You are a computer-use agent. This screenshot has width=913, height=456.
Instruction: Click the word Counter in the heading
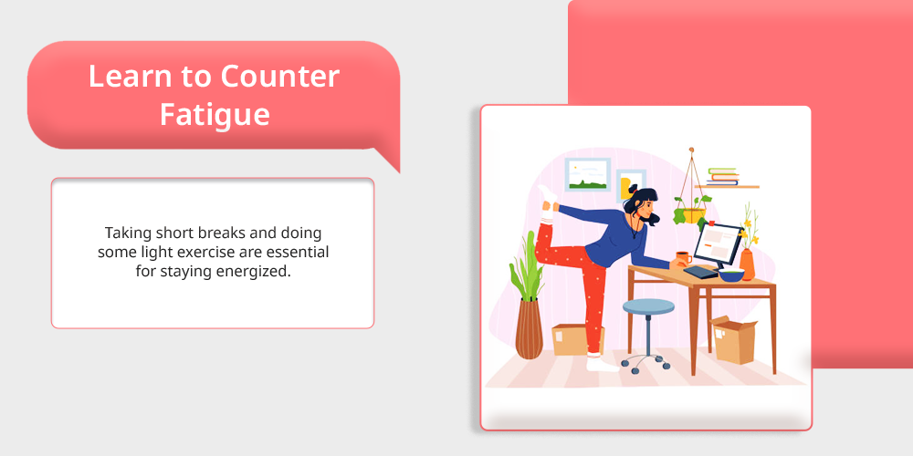[279, 77]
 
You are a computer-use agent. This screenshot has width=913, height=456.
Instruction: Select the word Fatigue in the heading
[215, 115]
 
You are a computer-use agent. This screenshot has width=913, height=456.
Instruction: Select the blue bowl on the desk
[731, 275]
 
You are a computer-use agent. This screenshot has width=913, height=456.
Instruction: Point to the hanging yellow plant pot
[694, 216]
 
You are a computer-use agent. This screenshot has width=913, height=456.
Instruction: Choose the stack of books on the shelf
[722, 176]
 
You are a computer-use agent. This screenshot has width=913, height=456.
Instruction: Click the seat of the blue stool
[648, 306]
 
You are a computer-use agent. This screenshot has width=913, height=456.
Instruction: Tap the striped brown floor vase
[529, 328]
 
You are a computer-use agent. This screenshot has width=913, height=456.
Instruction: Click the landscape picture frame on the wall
[587, 174]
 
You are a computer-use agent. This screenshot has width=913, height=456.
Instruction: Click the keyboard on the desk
[700, 272]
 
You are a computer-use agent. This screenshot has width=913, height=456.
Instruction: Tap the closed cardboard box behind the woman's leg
[570, 339]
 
